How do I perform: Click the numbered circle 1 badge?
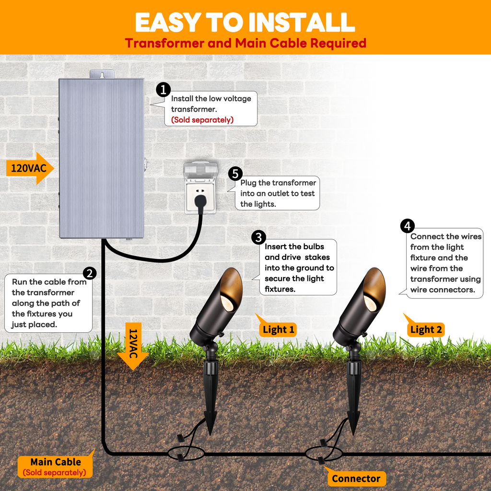[164, 89]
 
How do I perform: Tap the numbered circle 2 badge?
[90, 273]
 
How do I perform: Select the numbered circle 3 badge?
[258, 237]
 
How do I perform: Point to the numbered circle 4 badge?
[407, 226]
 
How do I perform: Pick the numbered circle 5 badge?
[235, 174]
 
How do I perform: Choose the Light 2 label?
[426, 329]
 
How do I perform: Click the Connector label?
[356, 478]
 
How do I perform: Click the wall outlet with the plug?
[200, 188]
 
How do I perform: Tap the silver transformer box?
[101, 158]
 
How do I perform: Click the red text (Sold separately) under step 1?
[202, 120]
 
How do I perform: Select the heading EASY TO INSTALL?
[245, 22]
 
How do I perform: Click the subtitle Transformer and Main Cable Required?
[245, 43]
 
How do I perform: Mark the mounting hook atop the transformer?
[102, 74]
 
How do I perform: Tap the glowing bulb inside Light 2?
[370, 302]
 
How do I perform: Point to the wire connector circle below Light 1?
[186, 453]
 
